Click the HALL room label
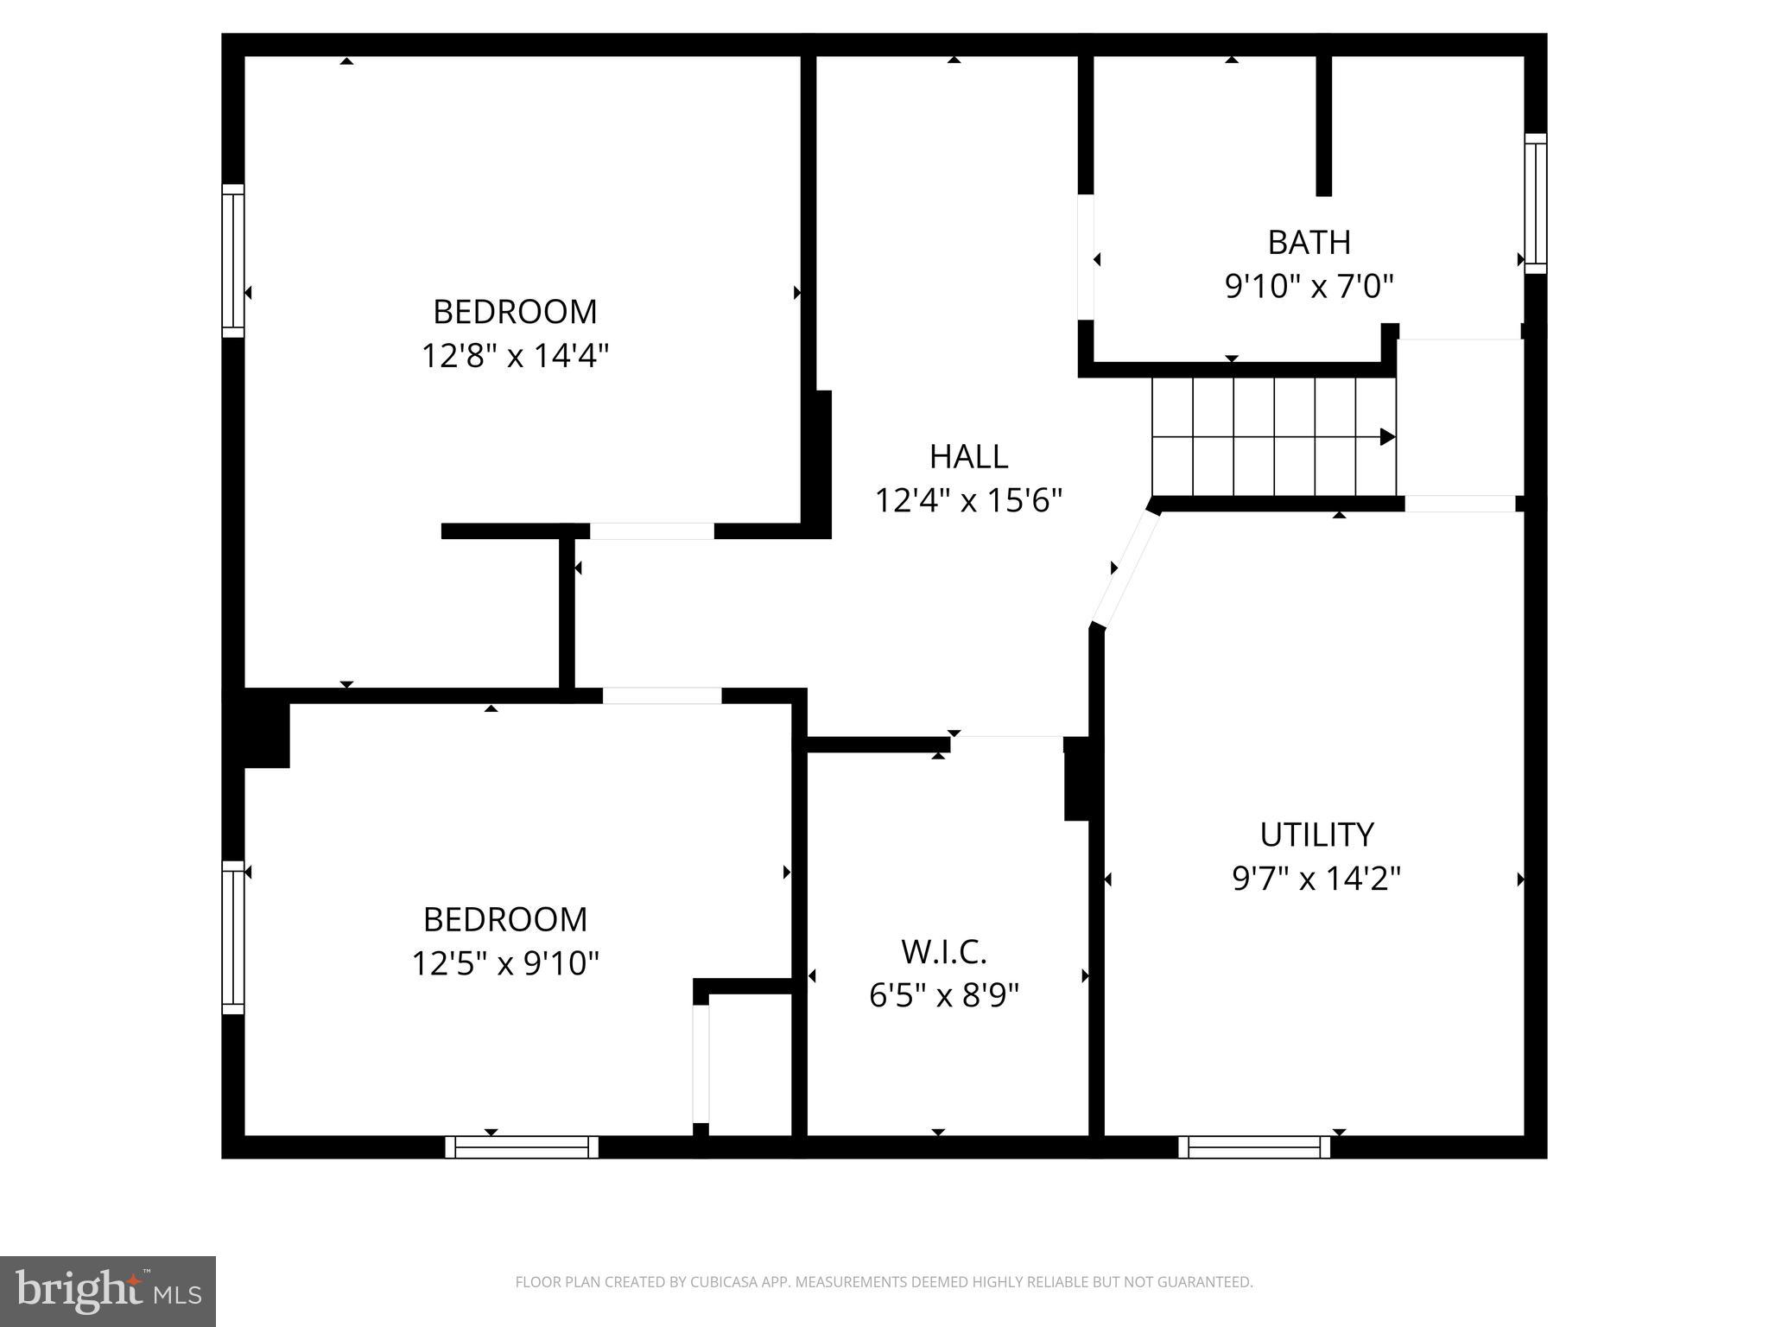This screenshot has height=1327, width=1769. click(968, 456)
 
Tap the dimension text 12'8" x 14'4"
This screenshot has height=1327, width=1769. click(515, 355)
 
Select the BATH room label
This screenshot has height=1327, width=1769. click(1309, 242)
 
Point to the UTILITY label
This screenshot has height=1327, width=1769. click(1316, 835)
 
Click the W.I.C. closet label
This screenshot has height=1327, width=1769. click(943, 952)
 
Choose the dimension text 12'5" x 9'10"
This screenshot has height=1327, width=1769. click(504, 962)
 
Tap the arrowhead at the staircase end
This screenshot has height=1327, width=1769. click(1387, 436)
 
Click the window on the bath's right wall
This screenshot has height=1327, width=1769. click(1535, 204)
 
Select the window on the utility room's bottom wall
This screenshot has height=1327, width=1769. click(1254, 1147)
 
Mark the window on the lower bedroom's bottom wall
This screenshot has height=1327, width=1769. click(522, 1147)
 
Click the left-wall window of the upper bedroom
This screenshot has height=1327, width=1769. click(233, 261)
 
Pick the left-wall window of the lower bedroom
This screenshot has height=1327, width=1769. click(233, 937)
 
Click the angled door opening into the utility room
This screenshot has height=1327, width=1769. click(1125, 568)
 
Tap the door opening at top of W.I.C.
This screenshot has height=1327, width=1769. click(1006, 737)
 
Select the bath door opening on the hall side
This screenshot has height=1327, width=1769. click(1086, 257)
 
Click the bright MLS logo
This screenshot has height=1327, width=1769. click(108, 1291)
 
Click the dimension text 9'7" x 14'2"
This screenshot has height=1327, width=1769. click(1316, 879)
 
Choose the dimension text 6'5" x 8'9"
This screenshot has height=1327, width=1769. click(943, 996)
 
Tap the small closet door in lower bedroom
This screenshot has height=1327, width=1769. click(701, 1063)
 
